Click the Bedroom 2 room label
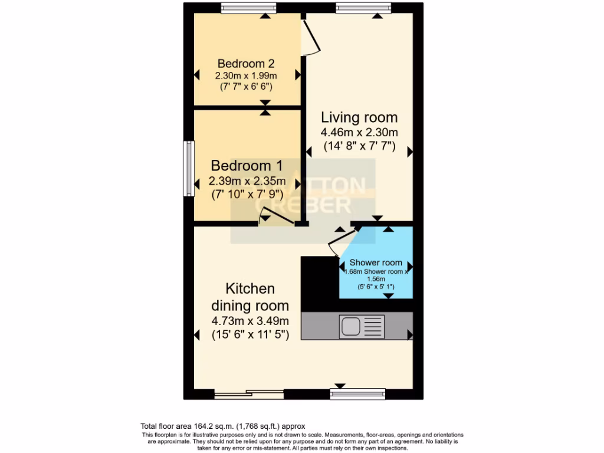(246, 63)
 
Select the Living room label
(359, 117)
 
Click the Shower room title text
(376, 262)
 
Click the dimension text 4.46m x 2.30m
(359, 132)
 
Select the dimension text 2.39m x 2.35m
(247, 180)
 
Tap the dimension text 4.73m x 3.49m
(250, 321)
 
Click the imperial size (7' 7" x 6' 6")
(246, 87)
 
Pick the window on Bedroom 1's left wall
(188, 168)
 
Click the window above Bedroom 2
(248, 7)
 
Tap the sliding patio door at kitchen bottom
(248, 393)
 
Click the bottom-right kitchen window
(357, 393)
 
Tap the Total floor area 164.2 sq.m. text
(223, 425)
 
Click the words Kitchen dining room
(250, 297)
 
